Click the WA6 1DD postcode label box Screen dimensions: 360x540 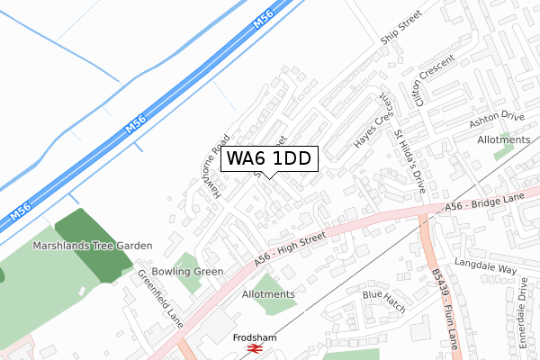coord(268,159)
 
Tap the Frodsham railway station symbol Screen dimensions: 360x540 coord(255,348)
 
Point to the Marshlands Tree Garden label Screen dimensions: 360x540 coord(93,245)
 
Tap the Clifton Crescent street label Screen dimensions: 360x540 coord(431,79)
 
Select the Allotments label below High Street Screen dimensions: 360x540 coord(268,294)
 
